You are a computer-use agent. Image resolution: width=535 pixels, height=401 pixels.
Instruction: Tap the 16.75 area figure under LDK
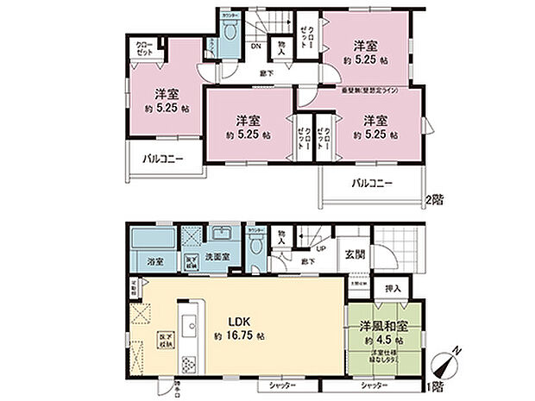point(239,335)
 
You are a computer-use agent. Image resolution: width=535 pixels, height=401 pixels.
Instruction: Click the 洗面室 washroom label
point(217,258)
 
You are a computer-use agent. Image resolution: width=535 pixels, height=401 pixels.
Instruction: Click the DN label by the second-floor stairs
point(255,47)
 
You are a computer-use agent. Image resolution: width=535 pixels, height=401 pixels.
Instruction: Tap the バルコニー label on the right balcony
point(371,183)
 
